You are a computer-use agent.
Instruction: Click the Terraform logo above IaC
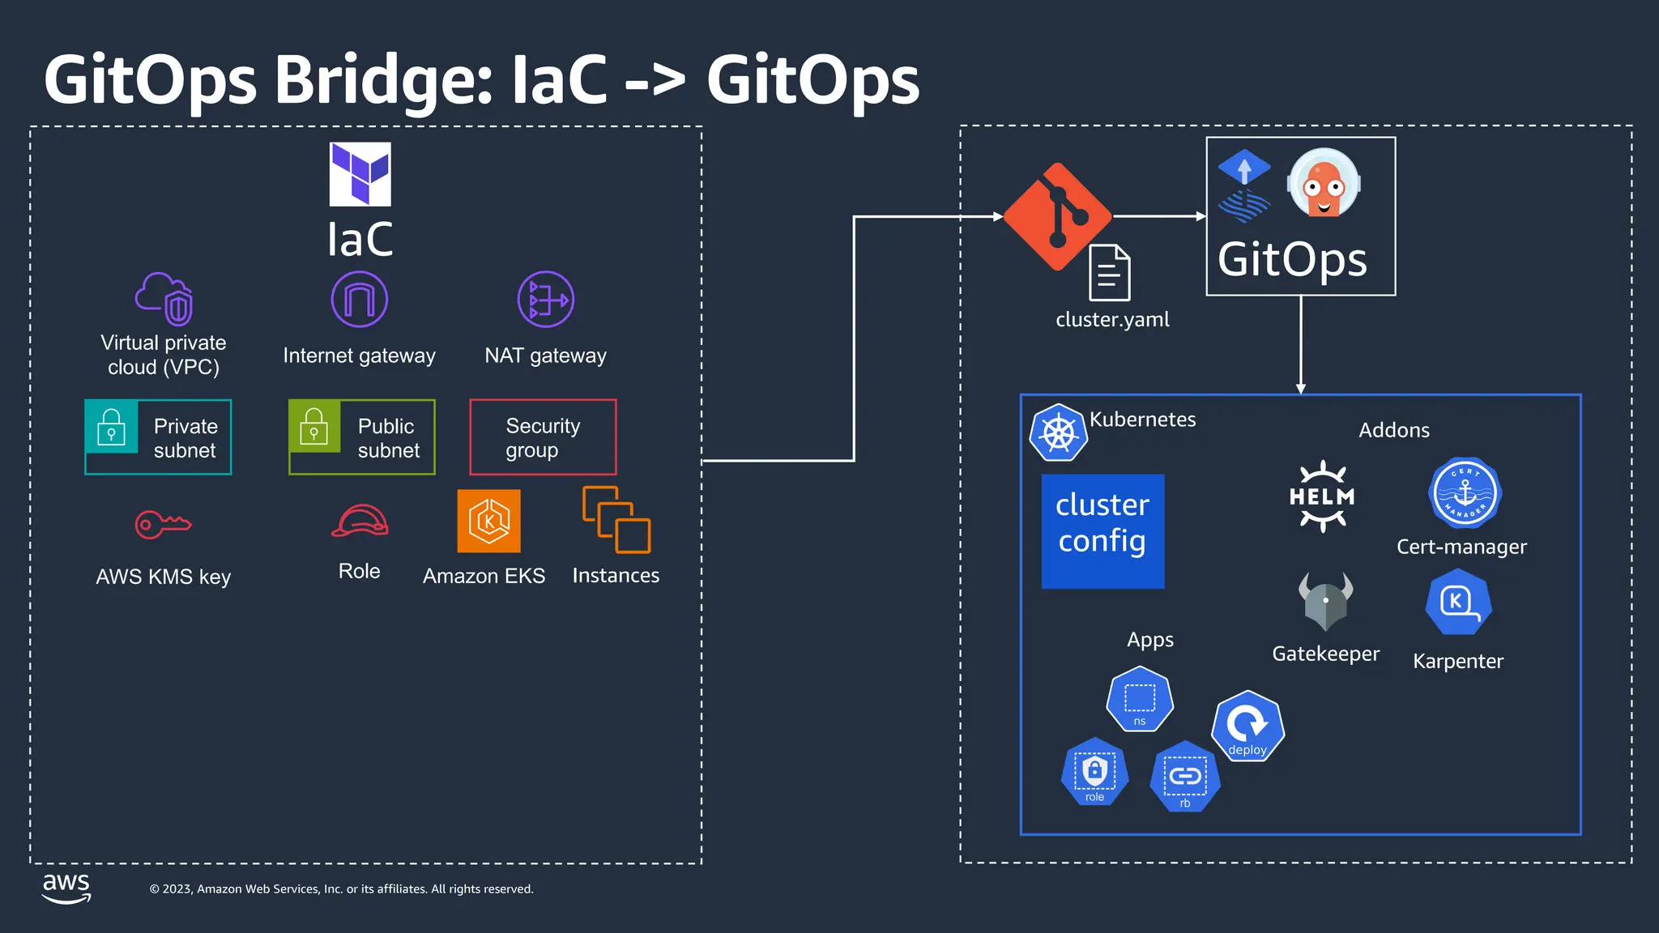click(360, 174)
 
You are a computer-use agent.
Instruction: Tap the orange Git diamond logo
click(1057, 216)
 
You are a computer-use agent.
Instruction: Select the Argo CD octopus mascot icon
click(1324, 185)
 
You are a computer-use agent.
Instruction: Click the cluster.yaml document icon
click(1109, 273)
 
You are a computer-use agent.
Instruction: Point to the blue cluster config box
click(1102, 531)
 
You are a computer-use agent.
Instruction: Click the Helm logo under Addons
click(1322, 496)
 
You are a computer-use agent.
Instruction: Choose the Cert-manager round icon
click(1465, 492)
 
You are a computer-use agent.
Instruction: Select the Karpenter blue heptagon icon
click(1458, 603)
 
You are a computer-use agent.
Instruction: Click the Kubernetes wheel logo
click(1058, 433)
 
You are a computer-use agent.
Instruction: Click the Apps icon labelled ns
click(1140, 699)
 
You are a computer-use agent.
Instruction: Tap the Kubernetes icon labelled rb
click(1185, 777)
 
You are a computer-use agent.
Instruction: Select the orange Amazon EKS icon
click(488, 522)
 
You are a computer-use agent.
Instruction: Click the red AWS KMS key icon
click(163, 525)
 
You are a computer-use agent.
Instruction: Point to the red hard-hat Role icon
click(360, 522)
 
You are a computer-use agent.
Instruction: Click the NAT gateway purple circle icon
click(546, 300)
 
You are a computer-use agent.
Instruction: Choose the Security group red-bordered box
click(543, 437)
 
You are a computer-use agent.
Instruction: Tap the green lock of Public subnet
click(314, 426)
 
